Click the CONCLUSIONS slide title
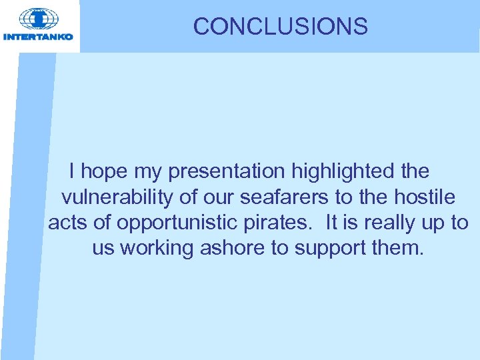280,27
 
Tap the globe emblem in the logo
38,19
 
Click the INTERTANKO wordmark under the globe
38,37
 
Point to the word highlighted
343,172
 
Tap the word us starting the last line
103,248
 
